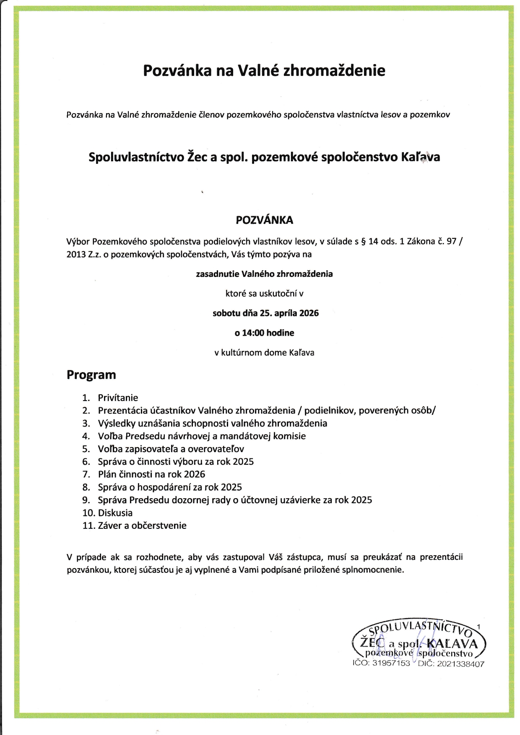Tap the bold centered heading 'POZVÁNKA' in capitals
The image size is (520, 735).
(264, 220)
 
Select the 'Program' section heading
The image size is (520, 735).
(91, 375)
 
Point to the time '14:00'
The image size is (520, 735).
(253, 333)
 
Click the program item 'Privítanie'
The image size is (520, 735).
(118, 398)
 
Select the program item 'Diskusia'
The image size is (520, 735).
(115, 512)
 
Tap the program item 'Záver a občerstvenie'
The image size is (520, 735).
(142, 525)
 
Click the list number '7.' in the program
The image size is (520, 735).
(86, 474)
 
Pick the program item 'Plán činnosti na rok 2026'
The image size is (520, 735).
(151, 474)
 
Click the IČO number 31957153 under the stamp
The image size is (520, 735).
(391, 663)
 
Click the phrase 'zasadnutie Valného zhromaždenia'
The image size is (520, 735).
(264, 274)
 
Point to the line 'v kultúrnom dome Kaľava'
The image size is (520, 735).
(264, 352)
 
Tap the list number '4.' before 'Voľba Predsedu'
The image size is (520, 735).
(86, 436)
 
